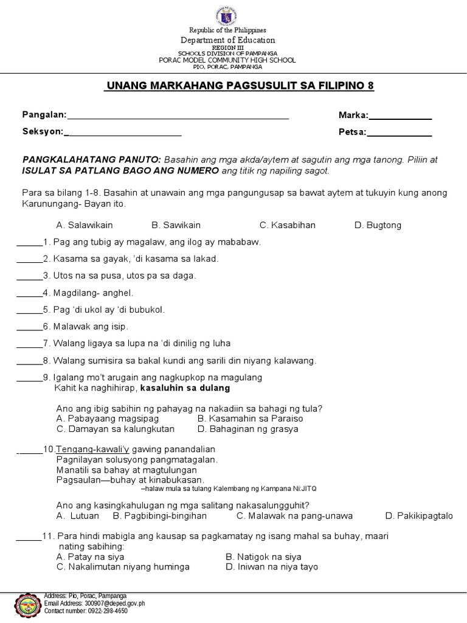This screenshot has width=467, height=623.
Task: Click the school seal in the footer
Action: pos(21,606)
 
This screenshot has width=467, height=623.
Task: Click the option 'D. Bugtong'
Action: pos(378,225)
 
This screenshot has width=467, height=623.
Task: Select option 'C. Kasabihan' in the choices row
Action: pos(288,225)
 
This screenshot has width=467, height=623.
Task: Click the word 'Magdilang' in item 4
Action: pos(76,293)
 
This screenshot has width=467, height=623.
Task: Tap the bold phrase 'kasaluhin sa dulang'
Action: pos(185,388)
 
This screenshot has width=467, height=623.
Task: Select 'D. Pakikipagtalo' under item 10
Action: pos(419,516)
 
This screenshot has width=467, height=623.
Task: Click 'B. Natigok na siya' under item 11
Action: pos(263,557)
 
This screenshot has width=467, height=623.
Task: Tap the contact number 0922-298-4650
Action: pos(85,611)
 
